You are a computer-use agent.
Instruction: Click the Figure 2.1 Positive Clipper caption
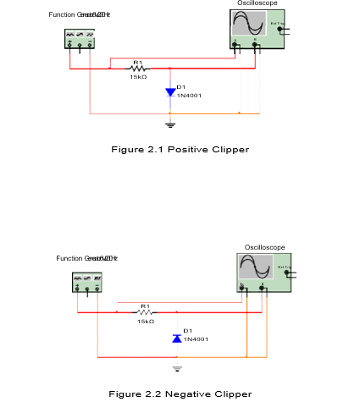pos(180,150)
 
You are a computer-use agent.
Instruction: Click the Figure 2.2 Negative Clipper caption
pos(180,394)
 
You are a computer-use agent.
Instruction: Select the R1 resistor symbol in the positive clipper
pos(137,68)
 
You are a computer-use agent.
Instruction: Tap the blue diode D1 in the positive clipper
pos(170,91)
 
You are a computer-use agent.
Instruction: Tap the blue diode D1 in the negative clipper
pos(176,338)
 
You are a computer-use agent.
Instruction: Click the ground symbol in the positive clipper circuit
pos(170,124)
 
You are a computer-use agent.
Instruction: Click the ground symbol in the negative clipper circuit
pos(176,368)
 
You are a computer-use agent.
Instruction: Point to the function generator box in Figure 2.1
pos(80,39)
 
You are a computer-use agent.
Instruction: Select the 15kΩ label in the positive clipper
pos(137,77)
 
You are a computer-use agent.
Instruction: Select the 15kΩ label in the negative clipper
pos(145,322)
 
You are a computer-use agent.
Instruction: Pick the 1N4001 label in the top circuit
pos(189,95)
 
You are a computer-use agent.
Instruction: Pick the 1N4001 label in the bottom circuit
pos(195,339)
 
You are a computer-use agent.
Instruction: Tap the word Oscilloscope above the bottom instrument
pos(264,247)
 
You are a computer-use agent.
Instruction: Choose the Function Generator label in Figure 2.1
pos(81,15)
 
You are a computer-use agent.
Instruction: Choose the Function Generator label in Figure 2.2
pos(86,258)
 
